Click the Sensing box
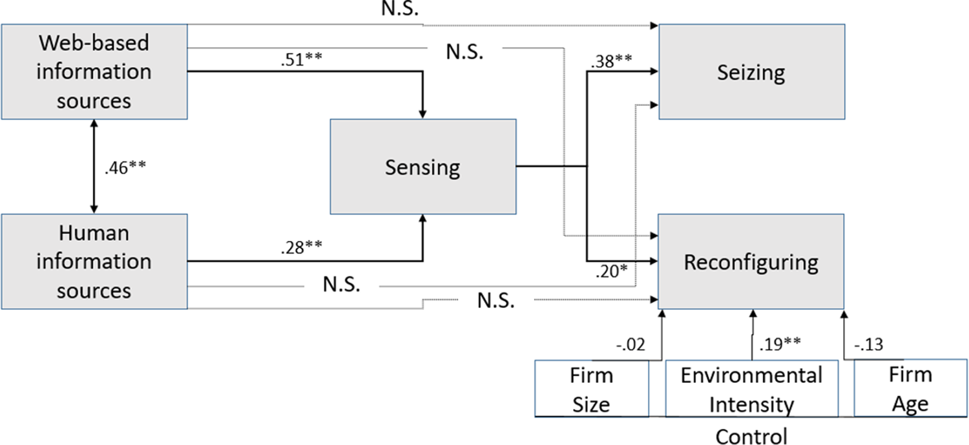[422, 167]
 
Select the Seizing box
[751, 72]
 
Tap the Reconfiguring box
[751, 262]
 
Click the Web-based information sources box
[94, 72]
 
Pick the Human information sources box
[94, 262]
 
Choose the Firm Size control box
[591, 389]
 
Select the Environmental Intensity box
[751, 389]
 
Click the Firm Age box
[910, 389]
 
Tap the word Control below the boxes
[751, 436]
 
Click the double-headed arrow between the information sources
[95, 167]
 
